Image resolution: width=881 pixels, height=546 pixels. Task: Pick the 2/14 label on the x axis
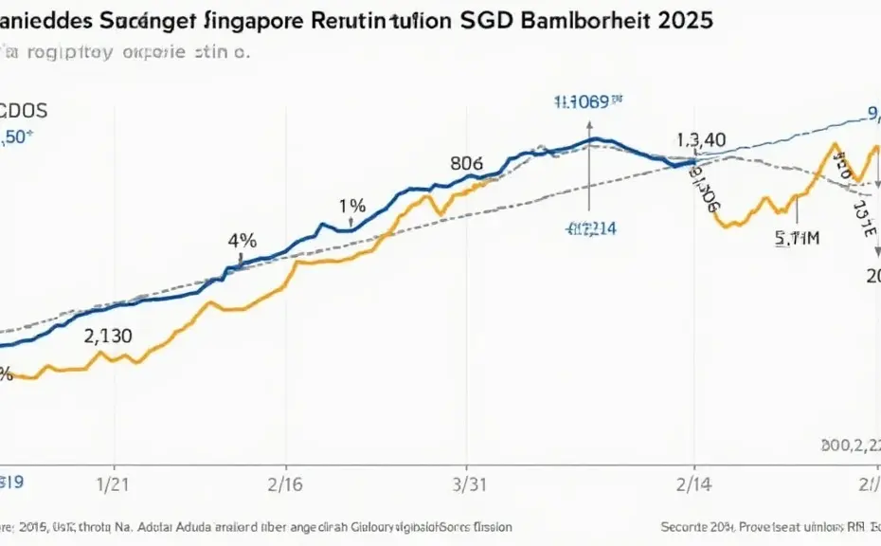695,482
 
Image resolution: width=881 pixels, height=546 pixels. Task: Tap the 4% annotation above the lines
243,241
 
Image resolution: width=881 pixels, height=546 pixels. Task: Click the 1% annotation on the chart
352,205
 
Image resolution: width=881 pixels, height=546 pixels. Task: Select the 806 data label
466,162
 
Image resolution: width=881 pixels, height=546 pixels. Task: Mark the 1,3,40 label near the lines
700,139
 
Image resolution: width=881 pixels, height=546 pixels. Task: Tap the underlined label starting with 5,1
796,239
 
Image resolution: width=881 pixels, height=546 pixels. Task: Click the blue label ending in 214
590,227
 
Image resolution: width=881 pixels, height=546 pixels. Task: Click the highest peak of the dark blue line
594,139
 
